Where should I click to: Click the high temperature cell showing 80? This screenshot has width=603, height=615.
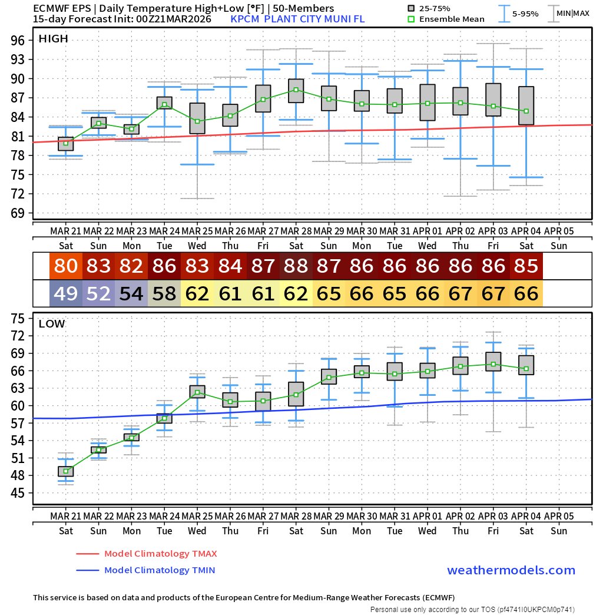pyautogui.click(x=65, y=266)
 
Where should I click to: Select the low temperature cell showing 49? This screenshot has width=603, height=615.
pyautogui.click(x=65, y=293)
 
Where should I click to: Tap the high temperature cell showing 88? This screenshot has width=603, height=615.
pyautogui.click(x=296, y=266)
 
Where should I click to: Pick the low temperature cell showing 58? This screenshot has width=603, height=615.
pyautogui.click(x=164, y=293)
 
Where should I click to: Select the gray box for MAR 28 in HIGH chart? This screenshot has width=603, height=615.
pyautogui.click(x=296, y=91)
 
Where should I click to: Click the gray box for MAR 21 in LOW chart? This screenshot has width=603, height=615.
pyautogui.click(x=65, y=471)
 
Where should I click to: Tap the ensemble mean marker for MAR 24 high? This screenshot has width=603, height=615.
pyautogui.click(x=164, y=104)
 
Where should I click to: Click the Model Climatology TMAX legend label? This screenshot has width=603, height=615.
pyautogui.click(x=160, y=554)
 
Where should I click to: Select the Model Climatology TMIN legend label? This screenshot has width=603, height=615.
pyautogui.click(x=159, y=570)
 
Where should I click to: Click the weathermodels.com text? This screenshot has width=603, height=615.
pyautogui.click(x=511, y=570)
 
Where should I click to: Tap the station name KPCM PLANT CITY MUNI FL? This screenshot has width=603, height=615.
pyautogui.click(x=297, y=19)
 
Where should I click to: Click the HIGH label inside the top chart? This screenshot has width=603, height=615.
pyautogui.click(x=53, y=39)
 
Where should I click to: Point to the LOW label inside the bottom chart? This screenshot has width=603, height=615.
pyautogui.click(x=52, y=323)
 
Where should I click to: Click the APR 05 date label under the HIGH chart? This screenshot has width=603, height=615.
pyautogui.click(x=559, y=230)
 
